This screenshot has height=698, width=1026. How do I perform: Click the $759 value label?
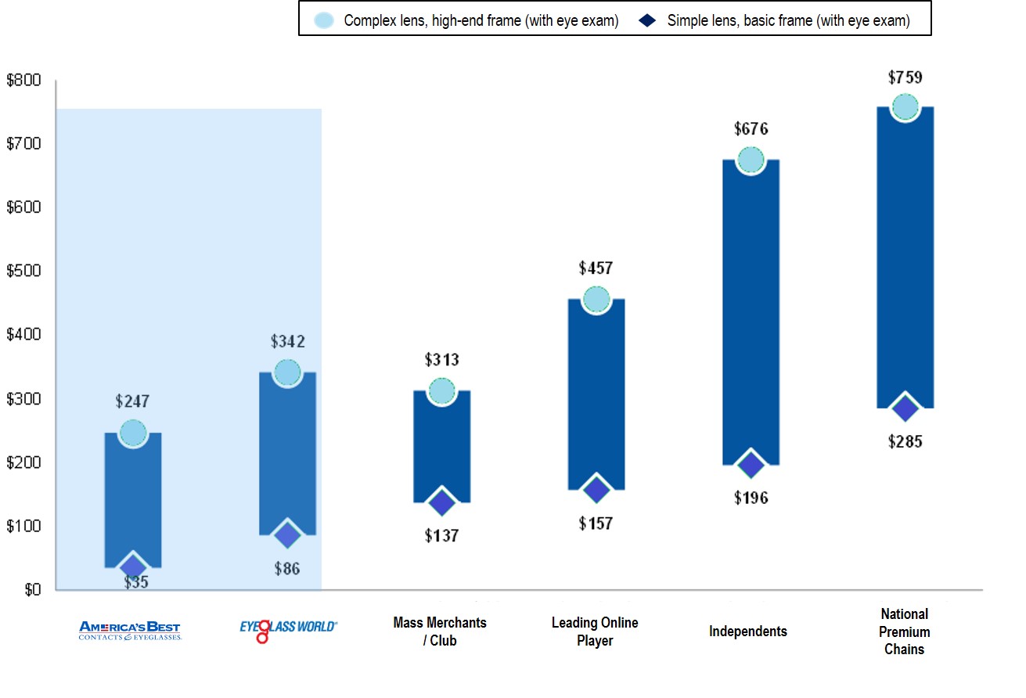[x=905, y=77]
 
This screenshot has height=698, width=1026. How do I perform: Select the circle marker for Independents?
[x=751, y=160]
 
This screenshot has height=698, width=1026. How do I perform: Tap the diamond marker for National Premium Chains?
[x=905, y=408]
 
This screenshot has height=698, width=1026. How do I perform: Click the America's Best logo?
[x=130, y=631]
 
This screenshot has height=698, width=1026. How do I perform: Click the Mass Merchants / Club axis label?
[x=440, y=631]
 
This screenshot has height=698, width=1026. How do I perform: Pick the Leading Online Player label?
[x=595, y=631]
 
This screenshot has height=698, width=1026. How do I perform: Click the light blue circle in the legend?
[x=324, y=20]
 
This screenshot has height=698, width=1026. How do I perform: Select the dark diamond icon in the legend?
[x=648, y=20]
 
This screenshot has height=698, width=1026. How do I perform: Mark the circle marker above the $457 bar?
[x=596, y=299]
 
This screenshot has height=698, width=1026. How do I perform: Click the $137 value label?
[x=441, y=536]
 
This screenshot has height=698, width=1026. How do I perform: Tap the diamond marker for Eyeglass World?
[x=287, y=536]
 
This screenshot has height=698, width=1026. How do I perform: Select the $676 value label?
[x=751, y=129]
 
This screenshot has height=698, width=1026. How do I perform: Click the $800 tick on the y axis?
[x=23, y=80]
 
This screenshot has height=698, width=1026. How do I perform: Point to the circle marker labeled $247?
[x=133, y=433]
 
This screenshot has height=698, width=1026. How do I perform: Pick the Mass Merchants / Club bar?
[x=441, y=446]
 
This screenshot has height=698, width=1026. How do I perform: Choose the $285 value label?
[x=905, y=441]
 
